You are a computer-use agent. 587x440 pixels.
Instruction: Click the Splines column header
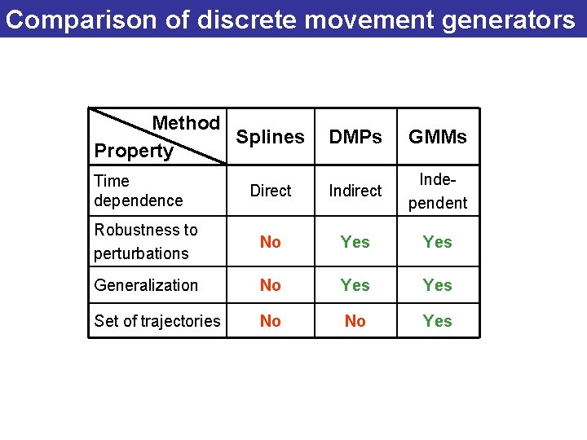click(270, 137)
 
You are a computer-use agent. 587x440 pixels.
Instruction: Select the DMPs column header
click(355, 137)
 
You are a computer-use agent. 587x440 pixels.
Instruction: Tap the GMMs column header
click(438, 137)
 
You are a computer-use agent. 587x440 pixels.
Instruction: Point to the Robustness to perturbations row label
click(145, 241)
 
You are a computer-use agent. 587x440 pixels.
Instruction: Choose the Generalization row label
click(146, 285)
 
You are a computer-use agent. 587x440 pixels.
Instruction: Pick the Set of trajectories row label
click(157, 321)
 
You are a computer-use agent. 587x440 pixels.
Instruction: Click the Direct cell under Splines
click(270, 191)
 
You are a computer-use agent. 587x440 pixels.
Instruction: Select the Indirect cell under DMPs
click(355, 191)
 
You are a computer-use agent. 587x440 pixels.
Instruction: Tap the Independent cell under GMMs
click(438, 191)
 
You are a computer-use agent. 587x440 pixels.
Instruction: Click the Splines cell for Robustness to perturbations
click(270, 242)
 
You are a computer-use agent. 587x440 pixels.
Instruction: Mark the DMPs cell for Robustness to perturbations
click(355, 242)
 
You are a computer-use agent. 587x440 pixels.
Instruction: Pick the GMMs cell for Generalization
click(438, 285)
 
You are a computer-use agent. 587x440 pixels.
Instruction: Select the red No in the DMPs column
click(355, 321)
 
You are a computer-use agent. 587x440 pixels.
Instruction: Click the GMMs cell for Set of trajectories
click(438, 321)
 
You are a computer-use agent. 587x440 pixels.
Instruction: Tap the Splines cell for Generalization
click(270, 285)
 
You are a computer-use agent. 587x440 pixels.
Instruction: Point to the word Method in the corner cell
click(186, 123)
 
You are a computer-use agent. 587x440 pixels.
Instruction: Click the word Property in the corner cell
click(134, 151)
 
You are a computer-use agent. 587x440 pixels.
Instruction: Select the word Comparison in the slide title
click(76, 19)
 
